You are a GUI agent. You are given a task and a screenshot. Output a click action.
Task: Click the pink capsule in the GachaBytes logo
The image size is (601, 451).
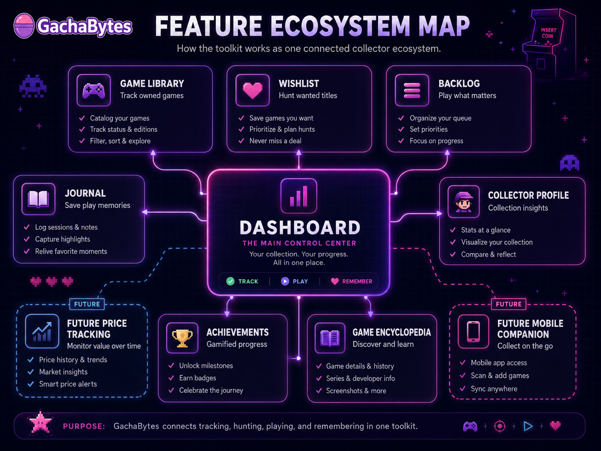point(24,26)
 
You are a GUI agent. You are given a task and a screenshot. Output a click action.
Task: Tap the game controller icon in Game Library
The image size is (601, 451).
point(94,91)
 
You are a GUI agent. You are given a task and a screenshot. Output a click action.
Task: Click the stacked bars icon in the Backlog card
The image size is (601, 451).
point(412,91)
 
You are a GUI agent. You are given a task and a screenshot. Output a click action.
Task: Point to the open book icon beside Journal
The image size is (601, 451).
point(38,199)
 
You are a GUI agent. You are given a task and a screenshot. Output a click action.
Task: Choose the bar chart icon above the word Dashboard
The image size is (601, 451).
point(299,196)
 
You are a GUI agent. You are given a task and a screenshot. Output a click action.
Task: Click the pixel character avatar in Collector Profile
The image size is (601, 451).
point(464,202)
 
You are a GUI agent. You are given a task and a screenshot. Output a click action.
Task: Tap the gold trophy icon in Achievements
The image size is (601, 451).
point(182,338)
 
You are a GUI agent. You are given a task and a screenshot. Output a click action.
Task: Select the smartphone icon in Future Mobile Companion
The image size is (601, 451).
point(474,332)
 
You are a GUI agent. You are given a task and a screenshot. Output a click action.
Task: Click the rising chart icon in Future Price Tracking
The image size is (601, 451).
point(42,331)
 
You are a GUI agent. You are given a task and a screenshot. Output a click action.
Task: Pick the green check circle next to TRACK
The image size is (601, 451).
point(230,281)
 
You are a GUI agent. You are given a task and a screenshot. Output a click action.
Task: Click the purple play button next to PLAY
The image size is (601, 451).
point(285,281)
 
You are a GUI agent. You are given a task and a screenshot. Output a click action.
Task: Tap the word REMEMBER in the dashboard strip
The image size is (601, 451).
point(357,282)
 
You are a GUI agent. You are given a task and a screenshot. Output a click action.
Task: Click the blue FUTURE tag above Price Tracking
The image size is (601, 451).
point(87,304)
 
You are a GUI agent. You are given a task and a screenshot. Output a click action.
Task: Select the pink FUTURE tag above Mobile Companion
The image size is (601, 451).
point(508,304)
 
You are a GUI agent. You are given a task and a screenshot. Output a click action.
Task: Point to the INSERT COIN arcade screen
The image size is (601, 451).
point(548,33)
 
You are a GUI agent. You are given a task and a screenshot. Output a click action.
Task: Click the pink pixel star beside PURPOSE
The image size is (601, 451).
point(41,422)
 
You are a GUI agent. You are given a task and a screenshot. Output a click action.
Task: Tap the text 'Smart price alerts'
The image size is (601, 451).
point(68,384)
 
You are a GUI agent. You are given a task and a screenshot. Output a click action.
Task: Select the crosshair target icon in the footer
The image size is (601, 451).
point(500,426)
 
